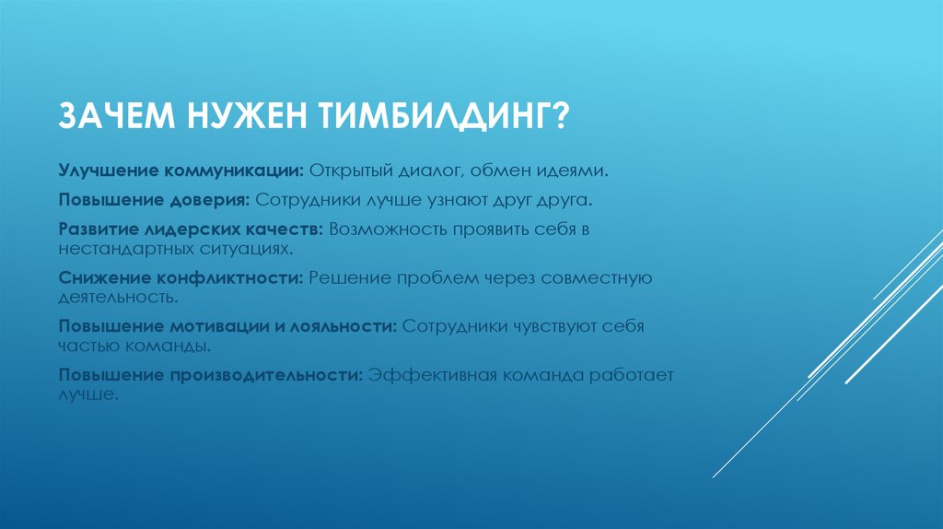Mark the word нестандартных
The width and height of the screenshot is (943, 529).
click(x=118, y=249)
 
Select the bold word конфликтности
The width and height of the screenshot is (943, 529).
click(x=226, y=276)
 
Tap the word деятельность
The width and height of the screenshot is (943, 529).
click(x=116, y=300)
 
